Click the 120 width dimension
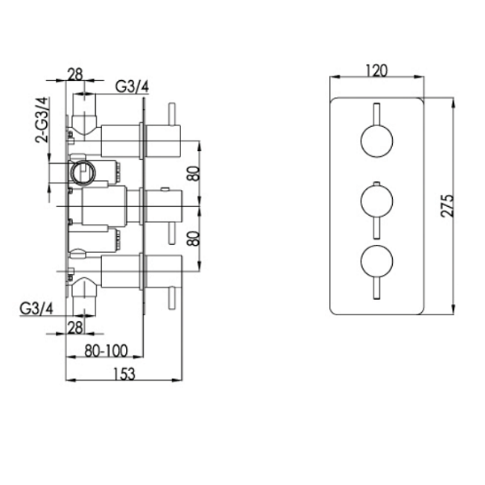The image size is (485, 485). coord(377,70)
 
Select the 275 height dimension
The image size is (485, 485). coord(447,205)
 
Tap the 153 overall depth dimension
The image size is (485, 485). coord(124,374)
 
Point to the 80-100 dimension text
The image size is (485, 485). coord(106,351)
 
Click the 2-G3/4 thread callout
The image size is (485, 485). coord(42,120)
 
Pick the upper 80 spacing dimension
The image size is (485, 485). coord(194,174)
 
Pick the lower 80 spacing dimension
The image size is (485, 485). coord(194,238)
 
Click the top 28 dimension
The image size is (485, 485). coord(75,74)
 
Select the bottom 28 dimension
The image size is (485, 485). coord(75,328)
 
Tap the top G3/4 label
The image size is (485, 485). coord(132,86)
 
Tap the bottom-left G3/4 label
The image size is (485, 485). coord(36,309)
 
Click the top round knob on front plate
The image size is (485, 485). coord(377,141)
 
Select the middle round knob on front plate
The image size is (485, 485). coord(377,201)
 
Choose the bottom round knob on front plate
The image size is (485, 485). coord(377,261)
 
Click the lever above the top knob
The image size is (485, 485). coord(377,114)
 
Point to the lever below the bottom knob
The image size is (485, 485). coord(377,289)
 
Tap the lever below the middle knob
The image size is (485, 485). coord(377,228)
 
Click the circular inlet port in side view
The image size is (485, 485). coord(83,173)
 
